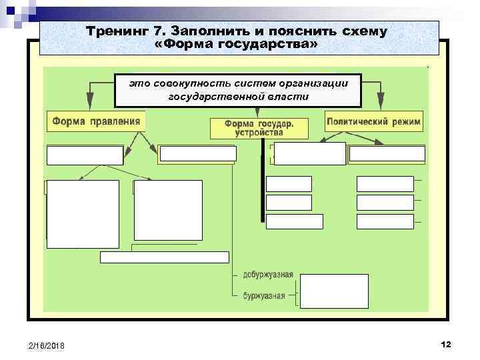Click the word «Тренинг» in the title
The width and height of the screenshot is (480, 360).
click(x=113, y=31)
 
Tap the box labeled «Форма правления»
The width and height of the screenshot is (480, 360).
click(x=96, y=121)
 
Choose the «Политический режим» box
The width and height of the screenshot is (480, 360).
click(x=374, y=121)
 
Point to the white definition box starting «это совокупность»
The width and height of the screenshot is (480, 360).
click(x=238, y=90)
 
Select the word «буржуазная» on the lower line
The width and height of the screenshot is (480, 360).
click(x=264, y=295)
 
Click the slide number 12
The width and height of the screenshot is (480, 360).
click(x=446, y=343)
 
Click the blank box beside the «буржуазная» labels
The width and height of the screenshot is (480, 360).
click(x=333, y=291)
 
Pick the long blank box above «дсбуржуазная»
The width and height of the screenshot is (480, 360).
click(x=164, y=257)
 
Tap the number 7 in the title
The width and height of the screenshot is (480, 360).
click(x=161, y=31)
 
